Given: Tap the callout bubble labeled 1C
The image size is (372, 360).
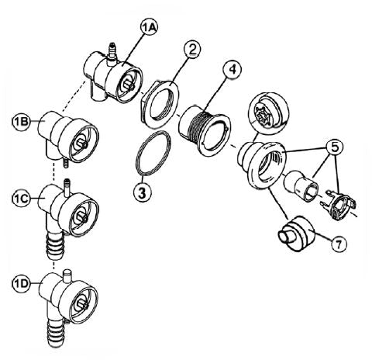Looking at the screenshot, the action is point(22,199).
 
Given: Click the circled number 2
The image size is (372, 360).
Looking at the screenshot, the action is point(192,50).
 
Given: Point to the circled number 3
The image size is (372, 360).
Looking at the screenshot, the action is point(143,192).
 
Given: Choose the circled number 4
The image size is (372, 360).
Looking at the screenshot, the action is point(232,69).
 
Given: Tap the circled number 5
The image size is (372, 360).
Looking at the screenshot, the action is point(334,147).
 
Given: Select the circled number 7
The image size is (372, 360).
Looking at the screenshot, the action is point(339,244).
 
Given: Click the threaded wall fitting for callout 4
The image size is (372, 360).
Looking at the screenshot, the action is point(204,130).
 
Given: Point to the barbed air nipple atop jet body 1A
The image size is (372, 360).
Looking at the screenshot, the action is point(112,52).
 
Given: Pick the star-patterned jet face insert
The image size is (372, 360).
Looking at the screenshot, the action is point(268,112).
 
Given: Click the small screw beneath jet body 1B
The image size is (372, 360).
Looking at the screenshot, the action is point(66,163).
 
